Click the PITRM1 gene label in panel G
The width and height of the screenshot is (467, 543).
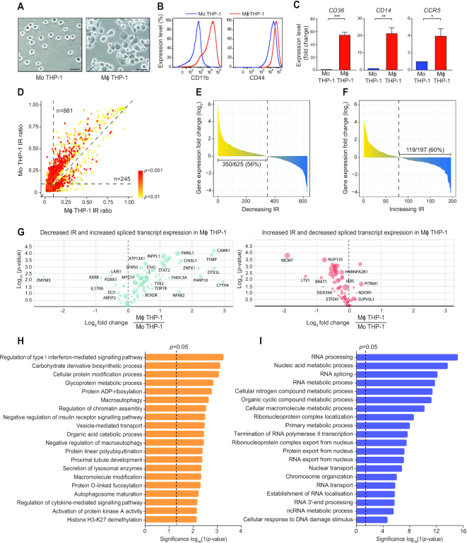click(391, 283)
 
